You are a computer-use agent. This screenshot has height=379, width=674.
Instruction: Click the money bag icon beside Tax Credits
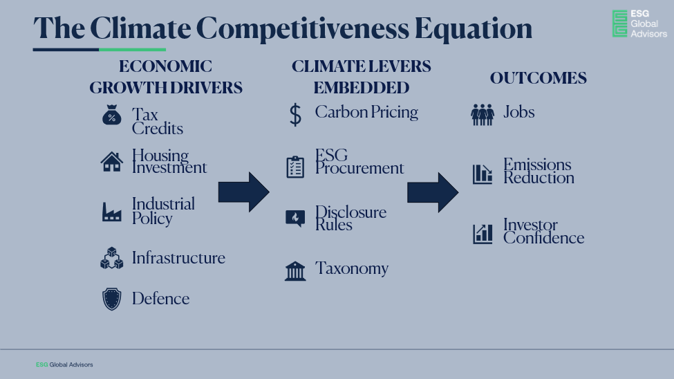(x=112, y=115)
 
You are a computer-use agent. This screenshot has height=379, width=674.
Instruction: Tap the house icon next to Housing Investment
(x=112, y=162)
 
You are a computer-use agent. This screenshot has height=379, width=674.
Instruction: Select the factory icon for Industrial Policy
(x=112, y=212)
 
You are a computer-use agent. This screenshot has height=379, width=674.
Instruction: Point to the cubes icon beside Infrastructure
(x=112, y=258)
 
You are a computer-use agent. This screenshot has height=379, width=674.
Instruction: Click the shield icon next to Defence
(x=112, y=299)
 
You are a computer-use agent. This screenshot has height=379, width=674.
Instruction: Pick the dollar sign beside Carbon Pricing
(x=295, y=114)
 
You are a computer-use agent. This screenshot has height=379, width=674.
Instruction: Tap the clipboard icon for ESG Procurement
(x=295, y=167)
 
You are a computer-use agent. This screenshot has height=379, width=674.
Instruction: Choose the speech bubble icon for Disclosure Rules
(x=295, y=219)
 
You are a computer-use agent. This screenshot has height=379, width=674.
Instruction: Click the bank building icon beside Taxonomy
(x=295, y=271)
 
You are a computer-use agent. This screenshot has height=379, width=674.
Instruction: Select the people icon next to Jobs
(x=483, y=115)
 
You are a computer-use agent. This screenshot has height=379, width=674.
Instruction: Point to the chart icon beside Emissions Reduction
(x=483, y=174)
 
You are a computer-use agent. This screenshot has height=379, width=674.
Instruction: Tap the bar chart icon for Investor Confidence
(x=483, y=234)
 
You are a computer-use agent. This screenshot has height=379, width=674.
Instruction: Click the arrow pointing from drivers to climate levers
(x=244, y=192)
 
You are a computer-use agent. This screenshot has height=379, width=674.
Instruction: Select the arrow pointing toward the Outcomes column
(x=433, y=192)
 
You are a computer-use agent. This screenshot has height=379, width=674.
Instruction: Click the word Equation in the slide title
(x=474, y=29)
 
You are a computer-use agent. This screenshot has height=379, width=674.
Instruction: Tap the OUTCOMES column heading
(x=539, y=78)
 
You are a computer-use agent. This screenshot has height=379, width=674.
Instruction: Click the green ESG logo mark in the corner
(x=619, y=24)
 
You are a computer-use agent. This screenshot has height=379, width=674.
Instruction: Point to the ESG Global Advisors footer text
(x=64, y=364)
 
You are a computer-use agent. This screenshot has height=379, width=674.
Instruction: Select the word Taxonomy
(x=352, y=268)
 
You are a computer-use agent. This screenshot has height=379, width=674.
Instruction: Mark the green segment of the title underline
(x=133, y=50)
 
